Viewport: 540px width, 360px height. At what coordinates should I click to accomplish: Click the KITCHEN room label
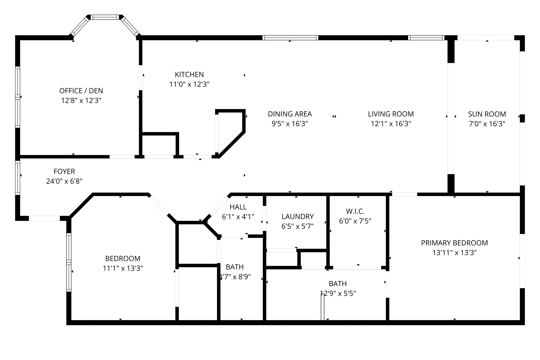189,74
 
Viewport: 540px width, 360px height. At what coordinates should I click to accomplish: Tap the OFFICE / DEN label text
81,91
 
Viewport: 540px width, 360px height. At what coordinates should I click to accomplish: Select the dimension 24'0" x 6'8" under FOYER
64,181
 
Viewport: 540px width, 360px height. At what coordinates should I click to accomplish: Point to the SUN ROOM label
487,114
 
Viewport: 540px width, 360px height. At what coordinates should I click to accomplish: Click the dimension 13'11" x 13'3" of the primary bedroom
454,253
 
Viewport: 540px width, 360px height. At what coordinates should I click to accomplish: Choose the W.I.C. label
355,211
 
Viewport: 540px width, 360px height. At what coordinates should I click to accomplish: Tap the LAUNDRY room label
297,217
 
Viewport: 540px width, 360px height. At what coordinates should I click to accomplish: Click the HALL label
238,207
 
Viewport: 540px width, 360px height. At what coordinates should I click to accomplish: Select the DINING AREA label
290,114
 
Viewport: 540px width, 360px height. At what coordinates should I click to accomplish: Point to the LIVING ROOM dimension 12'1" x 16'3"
391,124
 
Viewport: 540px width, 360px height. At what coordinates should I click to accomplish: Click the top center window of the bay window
105,17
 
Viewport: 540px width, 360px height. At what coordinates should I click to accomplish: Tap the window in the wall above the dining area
290,38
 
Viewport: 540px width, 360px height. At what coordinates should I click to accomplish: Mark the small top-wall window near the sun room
426,38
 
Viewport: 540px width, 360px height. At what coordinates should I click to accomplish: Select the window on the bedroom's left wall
69,262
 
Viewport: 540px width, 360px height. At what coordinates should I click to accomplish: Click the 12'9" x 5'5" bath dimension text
338,293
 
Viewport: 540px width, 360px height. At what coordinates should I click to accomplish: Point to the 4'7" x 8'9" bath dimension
235,277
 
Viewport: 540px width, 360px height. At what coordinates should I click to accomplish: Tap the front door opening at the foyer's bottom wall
44,218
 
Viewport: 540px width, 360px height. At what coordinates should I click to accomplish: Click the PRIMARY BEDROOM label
454,243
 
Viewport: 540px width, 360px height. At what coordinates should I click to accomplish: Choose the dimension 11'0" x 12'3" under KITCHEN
189,84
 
